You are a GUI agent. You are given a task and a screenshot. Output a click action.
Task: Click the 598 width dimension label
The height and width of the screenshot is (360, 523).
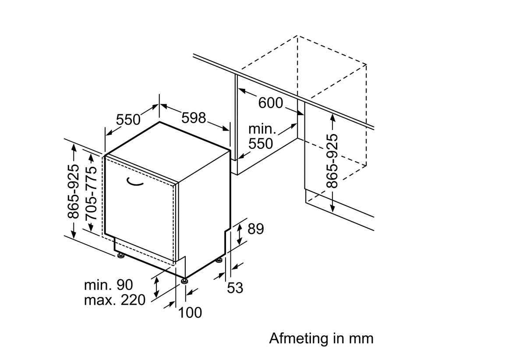(x=194, y=117)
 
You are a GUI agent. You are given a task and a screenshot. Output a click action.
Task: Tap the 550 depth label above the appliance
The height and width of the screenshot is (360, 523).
(x=128, y=119)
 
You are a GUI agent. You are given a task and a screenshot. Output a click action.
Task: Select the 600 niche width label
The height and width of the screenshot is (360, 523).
(x=271, y=103)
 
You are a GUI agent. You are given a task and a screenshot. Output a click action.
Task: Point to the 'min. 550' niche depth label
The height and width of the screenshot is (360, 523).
(x=261, y=137)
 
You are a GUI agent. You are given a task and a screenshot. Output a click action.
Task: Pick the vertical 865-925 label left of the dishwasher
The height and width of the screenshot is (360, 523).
(x=73, y=191)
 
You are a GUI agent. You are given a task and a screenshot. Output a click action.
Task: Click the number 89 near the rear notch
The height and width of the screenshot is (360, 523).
(x=256, y=229)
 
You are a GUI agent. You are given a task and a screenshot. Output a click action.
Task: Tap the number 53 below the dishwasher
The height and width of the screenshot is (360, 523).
(x=235, y=288)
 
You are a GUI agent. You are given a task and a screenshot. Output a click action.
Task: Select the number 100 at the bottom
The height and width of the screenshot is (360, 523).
(x=190, y=313)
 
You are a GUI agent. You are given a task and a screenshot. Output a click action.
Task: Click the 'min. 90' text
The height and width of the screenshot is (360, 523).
(x=108, y=285)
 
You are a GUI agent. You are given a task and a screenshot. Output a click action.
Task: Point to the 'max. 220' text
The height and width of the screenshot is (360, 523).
(x=114, y=300)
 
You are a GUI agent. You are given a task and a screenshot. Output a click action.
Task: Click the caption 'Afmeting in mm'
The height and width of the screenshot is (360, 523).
(x=322, y=339)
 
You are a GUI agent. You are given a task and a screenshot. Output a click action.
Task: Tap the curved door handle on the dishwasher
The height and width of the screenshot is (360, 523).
(x=136, y=182)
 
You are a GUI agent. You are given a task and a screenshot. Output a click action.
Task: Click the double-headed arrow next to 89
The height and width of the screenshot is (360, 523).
(x=239, y=233)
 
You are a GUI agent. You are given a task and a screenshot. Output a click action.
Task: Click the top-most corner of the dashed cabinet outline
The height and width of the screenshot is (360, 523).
(x=297, y=35)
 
